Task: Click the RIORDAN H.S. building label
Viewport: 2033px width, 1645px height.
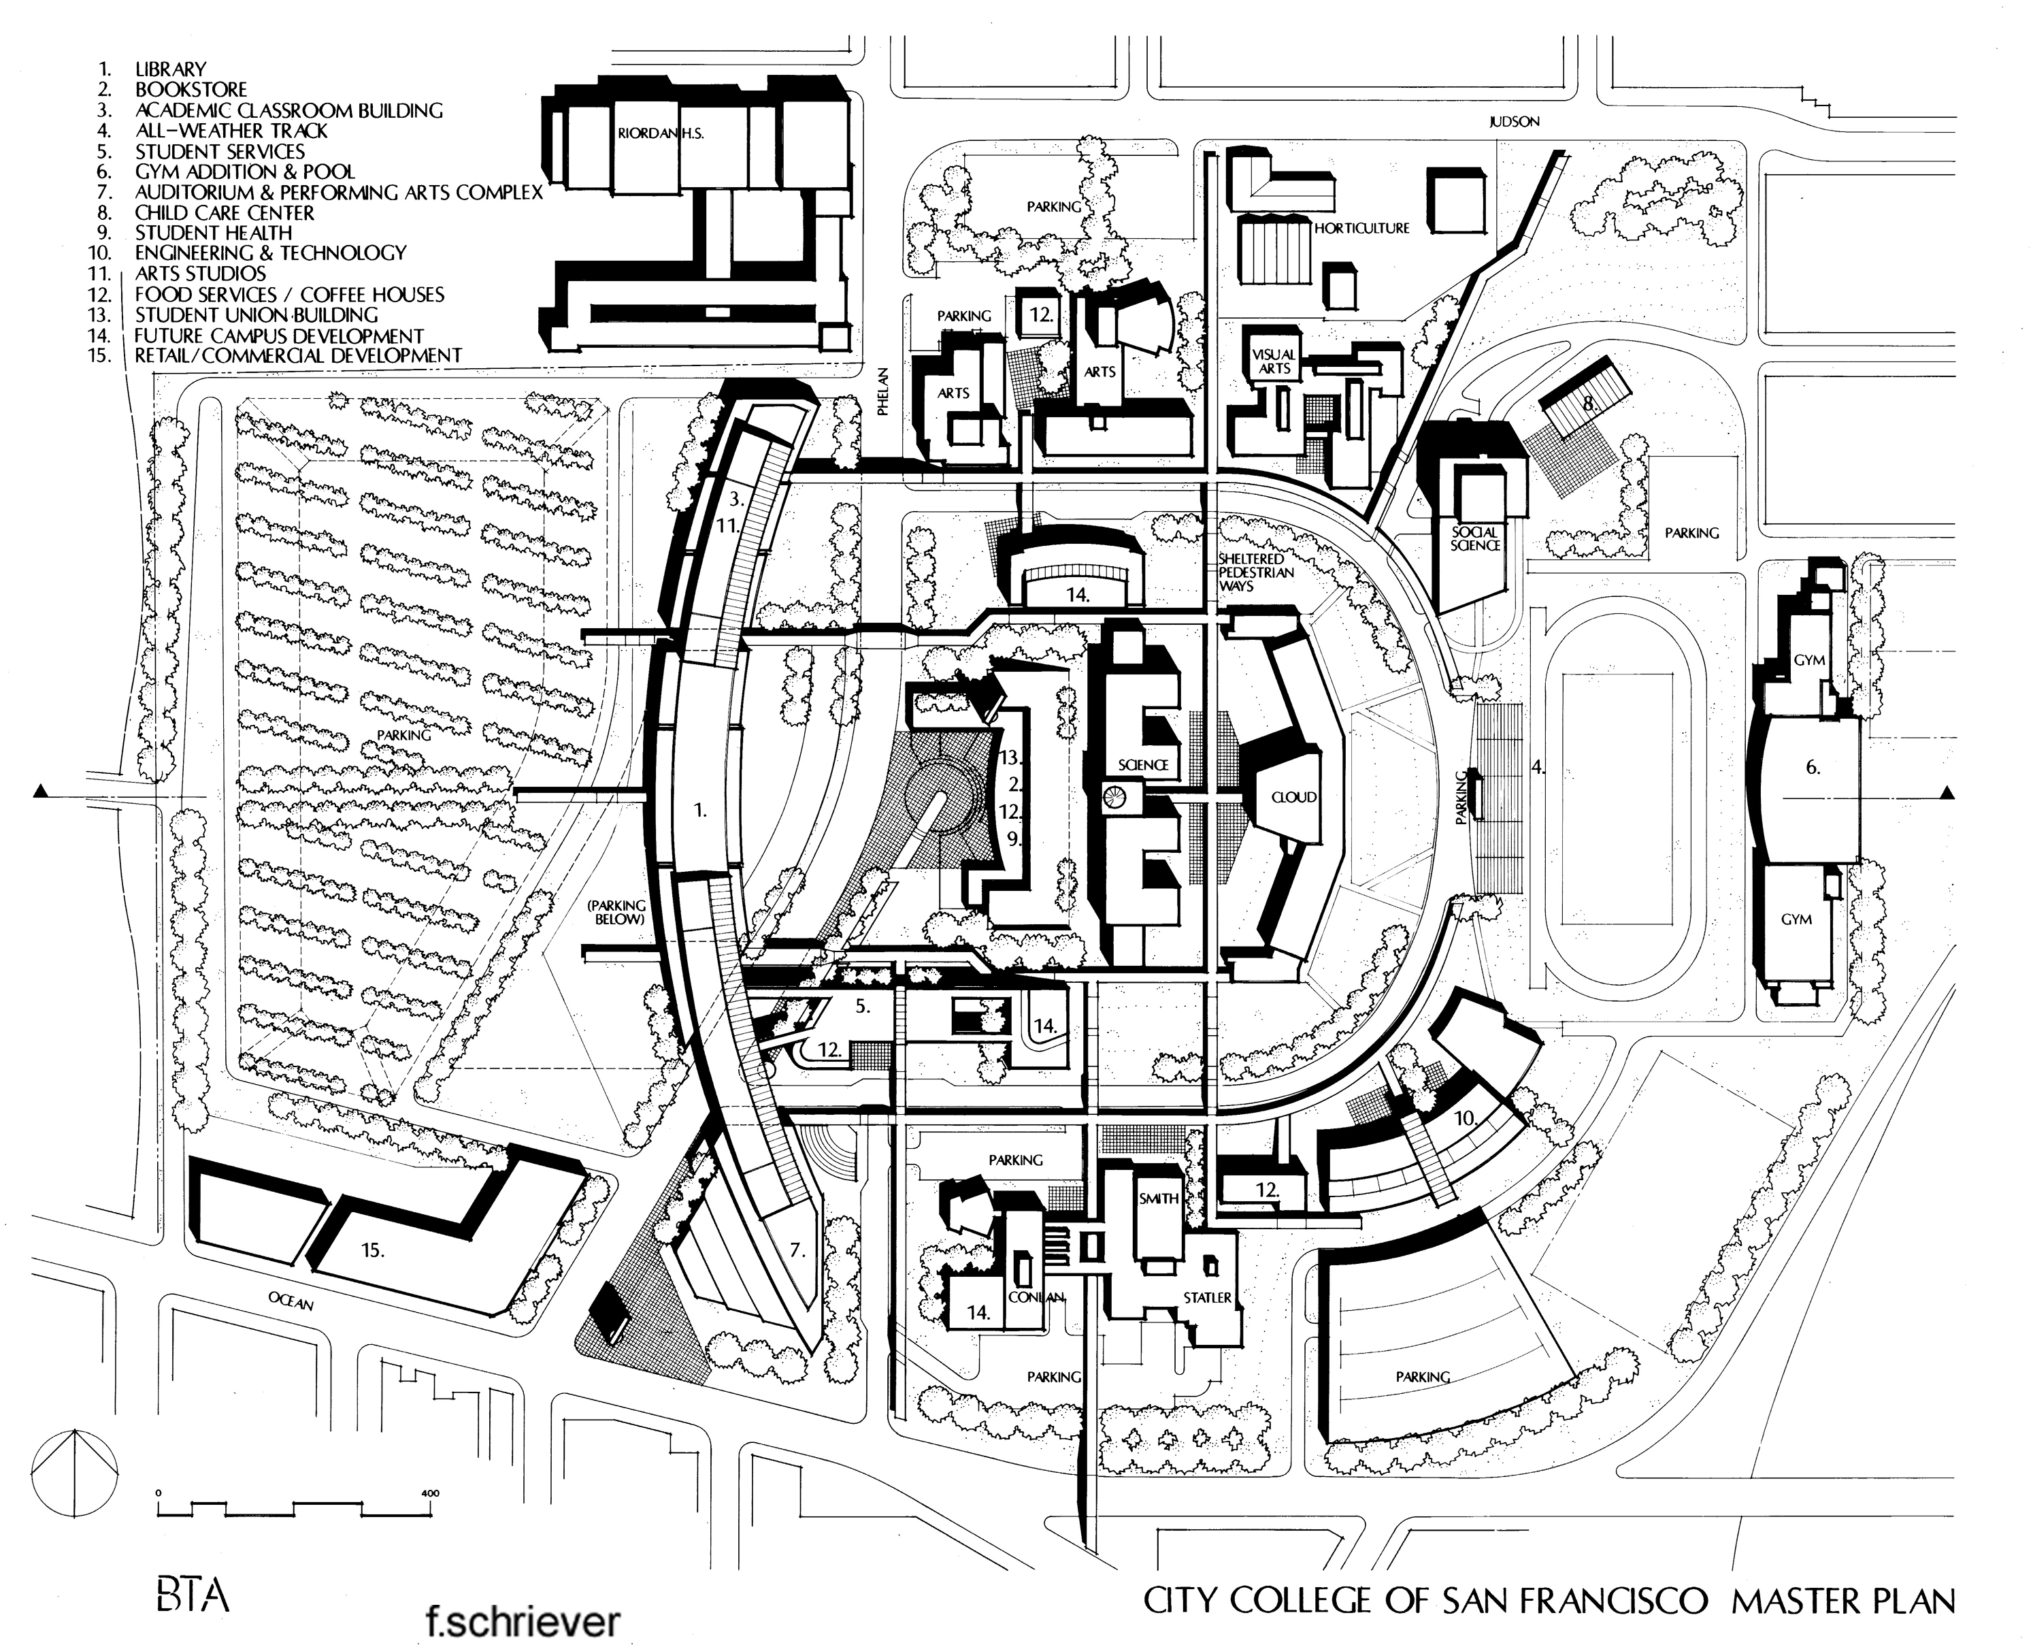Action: pyautogui.click(x=660, y=133)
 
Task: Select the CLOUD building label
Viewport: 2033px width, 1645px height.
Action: pyautogui.click(x=1293, y=797)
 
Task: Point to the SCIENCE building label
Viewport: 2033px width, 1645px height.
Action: pyautogui.click(x=1142, y=765)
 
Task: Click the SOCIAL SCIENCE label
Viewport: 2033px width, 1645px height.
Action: pyautogui.click(x=1476, y=539)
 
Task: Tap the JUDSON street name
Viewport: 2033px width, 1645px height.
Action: pyautogui.click(x=1514, y=121)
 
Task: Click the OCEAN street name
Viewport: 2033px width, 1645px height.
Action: pyautogui.click(x=290, y=1302)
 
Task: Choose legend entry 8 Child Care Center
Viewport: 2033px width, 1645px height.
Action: pyautogui.click(x=224, y=212)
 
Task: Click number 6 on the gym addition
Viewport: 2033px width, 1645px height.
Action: pyautogui.click(x=1813, y=768)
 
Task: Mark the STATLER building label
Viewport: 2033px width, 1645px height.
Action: pyautogui.click(x=1207, y=1297)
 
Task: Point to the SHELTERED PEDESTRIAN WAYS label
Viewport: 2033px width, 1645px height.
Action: pyautogui.click(x=1251, y=572)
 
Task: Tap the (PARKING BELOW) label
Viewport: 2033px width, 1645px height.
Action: pyautogui.click(x=616, y=911)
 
